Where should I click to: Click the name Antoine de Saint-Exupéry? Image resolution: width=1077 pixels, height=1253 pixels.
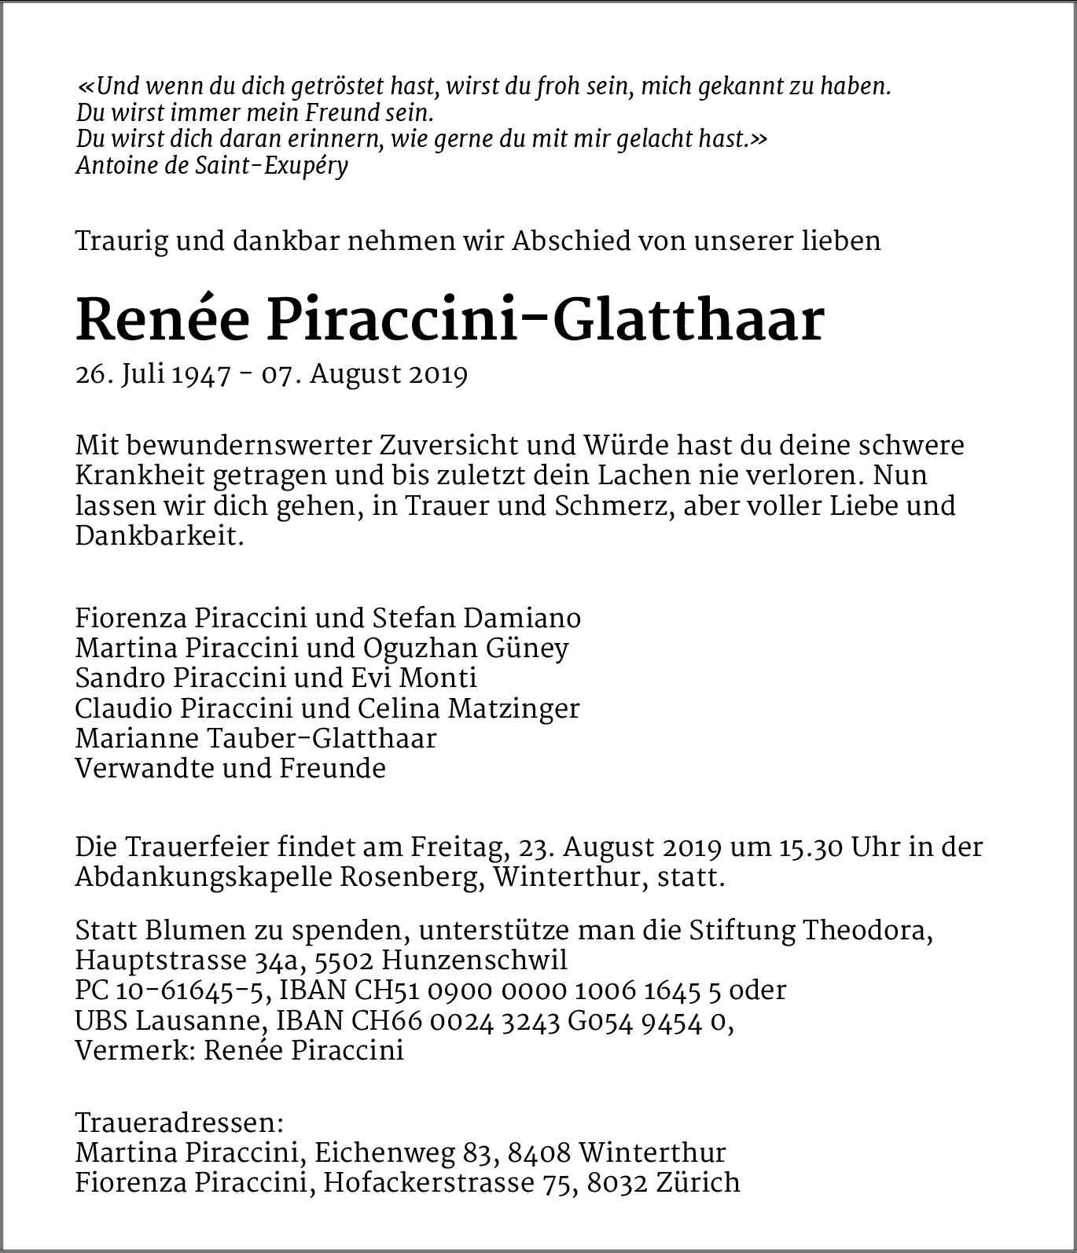pos(211,165)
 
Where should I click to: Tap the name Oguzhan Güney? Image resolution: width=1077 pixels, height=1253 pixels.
pos(465,649)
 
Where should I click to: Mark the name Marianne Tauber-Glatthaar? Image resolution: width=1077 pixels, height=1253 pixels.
pos(255,738)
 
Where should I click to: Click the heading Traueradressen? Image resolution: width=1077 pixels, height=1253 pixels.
pos(178,1123)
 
